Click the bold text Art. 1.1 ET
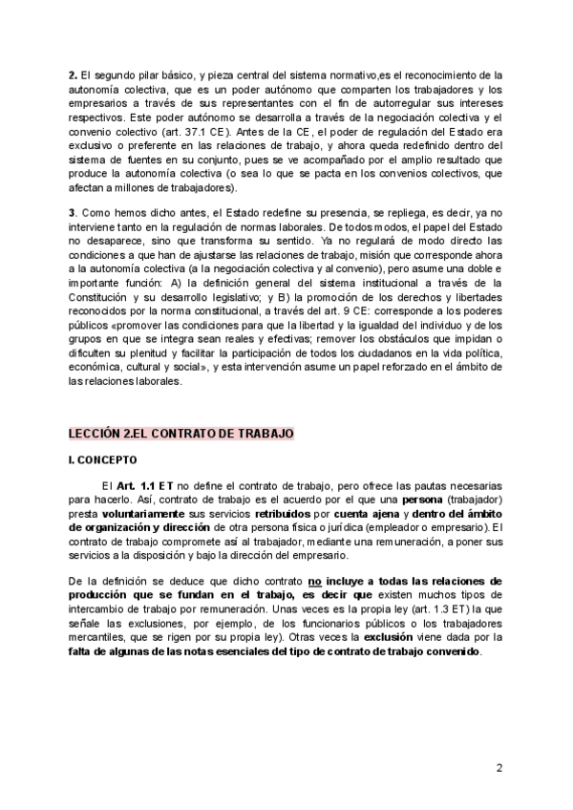click(144, 486)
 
